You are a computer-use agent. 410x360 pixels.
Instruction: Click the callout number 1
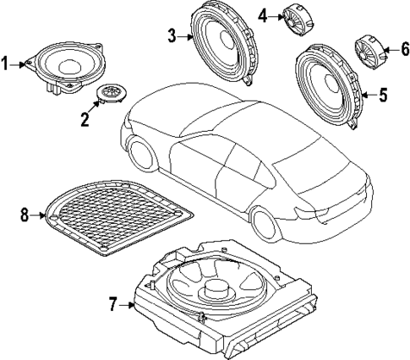7,63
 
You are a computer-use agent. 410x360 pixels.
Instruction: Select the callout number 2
85,118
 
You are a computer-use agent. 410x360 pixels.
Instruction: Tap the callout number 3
172,35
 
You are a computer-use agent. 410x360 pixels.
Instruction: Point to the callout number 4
263,14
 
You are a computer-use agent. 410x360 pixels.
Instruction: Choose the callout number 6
403,49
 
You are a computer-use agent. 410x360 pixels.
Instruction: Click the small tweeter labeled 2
111,93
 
